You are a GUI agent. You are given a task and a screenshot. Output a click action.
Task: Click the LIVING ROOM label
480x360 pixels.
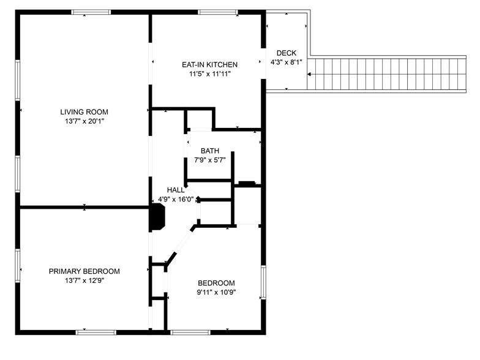pyautogui.click(x=84, y=112)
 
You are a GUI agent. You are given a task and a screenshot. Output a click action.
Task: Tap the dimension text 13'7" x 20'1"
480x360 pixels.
pyautogui.click(x=84, y=121)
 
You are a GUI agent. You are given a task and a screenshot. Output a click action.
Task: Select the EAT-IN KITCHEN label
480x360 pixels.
pyautogui.click(x=209, y=64)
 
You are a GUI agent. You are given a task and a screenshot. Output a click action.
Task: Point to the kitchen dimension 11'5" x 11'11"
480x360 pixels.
pyautogui.click(x=209, y=74)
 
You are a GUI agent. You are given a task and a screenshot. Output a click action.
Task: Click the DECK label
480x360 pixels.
pyautogui.click(x=286, y=53)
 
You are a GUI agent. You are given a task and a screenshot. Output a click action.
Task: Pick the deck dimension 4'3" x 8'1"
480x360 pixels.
pyautogui.click(x=286, y=62)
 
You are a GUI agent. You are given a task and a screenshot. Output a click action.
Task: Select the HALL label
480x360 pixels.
pyautogui.click(x=176, y=190)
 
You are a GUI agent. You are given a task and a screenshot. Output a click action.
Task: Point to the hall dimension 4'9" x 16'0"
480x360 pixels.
pyautogui.click(x=176, y=199)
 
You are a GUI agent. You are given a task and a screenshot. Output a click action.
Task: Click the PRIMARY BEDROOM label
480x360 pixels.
pyautogui.click(x=84, y=271)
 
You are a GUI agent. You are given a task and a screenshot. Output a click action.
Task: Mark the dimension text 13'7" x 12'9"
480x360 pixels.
pyautogui.click(x=84, y=280)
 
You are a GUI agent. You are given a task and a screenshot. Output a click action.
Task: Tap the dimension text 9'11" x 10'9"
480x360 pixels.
pyautogui.click(x=216, y=292)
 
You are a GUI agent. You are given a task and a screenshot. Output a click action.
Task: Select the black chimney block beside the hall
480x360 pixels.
pyautogui.click(x=157, y=217)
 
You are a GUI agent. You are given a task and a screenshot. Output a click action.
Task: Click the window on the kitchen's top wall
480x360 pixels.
pyautogui.click(x=218, y=12)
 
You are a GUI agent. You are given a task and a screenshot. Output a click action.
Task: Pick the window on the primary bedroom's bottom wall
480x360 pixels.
pyautogui.click(x=96, y=332)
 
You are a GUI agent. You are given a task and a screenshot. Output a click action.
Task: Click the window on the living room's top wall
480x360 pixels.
pyautogui.click(x=91, y=12)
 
